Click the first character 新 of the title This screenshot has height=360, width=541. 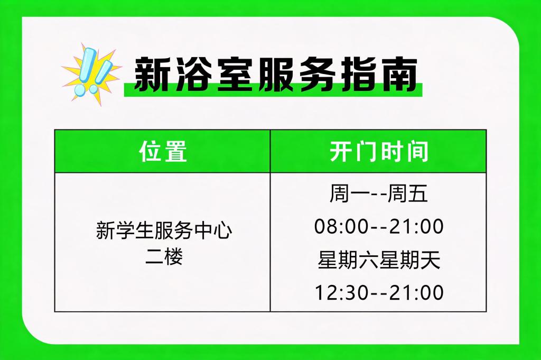[151, 75]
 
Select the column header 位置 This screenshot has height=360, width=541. [163, 152]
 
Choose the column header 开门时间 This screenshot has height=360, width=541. [378, 152]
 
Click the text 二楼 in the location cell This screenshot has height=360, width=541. [164, 257]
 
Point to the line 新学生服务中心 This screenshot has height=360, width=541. [164, 230]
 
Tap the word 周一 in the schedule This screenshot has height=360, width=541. [349, 193]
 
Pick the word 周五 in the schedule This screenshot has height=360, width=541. [408, 193]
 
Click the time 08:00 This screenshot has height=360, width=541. [341, 227]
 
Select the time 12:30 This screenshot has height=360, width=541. [342, 293]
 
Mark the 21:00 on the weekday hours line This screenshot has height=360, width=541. [416, 227]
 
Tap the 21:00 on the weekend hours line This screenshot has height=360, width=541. [416, 293]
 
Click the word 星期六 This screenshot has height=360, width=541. [348, 260]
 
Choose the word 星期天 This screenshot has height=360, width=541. [410, 260]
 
